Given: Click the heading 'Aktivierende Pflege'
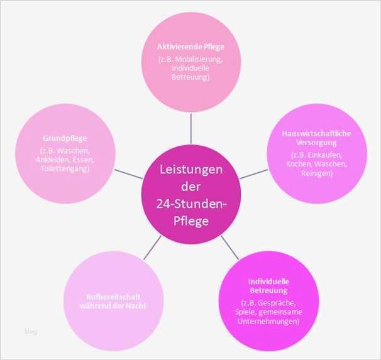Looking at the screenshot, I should click(x=190, y=47).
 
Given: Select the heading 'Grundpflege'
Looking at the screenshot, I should click(x=65, y=138).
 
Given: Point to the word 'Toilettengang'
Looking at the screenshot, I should click(x=65, y=168).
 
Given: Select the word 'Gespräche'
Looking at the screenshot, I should click(x=284, y=303).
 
